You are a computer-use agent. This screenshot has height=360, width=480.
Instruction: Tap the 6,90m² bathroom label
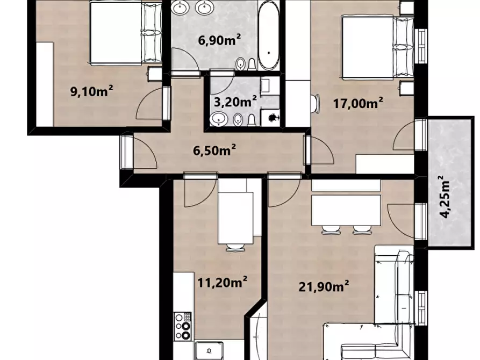click(219, 39)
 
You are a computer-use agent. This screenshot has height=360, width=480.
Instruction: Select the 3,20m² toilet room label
click(235, 102)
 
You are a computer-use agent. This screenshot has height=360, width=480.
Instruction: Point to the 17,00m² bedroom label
click(358, 103)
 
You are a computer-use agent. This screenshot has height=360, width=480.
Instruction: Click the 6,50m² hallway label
click(214, 150)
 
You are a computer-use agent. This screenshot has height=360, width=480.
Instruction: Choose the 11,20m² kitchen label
click(222, 282)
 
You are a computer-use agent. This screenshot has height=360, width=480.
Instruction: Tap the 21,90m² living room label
click(324, 287)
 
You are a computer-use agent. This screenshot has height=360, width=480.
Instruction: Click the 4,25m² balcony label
click(446, 197)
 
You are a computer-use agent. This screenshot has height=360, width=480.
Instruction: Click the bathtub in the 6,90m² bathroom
click(268, 35)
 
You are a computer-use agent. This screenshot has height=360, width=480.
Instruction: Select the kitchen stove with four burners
click(182, 326)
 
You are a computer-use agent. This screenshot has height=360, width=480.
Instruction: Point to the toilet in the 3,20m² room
click(252, 120)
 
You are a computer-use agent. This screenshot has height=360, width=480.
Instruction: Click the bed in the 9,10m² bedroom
click(126, 33)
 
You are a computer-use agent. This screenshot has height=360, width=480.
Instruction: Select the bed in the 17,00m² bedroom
click(378, 47)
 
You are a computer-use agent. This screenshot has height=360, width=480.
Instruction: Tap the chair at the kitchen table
click(235, 247)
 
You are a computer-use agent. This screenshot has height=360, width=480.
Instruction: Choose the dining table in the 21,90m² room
click(346, 210)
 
